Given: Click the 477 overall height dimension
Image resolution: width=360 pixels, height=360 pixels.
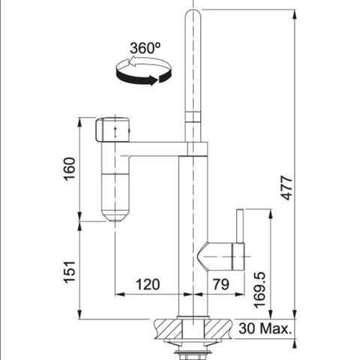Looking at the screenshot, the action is click(286, 188).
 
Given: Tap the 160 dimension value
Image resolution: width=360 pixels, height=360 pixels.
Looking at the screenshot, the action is click(69, 169).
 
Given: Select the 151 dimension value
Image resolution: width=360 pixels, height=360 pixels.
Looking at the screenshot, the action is click(69, 272).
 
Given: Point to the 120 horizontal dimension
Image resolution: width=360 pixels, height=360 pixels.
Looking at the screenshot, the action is click(148, 284).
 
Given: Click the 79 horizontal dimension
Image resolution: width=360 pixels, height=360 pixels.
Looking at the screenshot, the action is click(220, 284).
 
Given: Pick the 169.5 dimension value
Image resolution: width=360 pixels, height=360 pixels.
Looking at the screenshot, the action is click(259, 289).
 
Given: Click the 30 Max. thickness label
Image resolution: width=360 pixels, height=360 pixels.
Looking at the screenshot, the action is click(265, 328).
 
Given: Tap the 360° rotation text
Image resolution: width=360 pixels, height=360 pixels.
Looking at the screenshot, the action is click(145, 48).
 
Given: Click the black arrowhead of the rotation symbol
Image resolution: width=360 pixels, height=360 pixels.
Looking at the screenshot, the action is click(154, 80).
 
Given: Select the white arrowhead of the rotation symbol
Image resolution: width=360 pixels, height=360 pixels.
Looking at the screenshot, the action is click(131, 61).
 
